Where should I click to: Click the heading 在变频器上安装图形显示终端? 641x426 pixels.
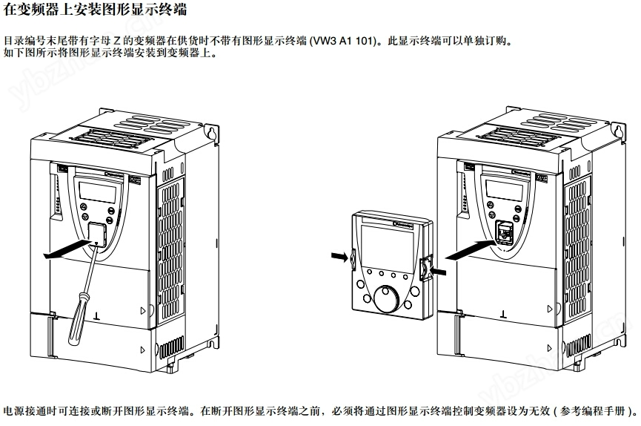(95, 8)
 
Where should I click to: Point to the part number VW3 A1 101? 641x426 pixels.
(342, 41)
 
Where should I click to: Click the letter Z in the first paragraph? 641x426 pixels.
(116, 41)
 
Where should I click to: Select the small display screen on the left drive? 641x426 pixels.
(97, 191)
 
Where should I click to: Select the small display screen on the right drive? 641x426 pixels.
(504, 191)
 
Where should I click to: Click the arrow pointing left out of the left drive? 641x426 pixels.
(67, 249)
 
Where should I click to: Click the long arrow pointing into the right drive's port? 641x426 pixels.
(471, 250)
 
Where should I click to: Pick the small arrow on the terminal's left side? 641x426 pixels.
(339, 257)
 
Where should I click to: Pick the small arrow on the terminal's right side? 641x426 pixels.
(438, 271)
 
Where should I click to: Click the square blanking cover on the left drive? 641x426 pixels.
(97, 235)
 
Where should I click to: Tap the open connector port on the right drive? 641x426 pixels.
(504, 232)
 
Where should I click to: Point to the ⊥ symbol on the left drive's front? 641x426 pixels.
(96, 315)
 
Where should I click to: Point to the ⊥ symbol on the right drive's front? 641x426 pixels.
(503, 315)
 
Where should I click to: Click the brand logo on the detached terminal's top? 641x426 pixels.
(402, 225)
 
